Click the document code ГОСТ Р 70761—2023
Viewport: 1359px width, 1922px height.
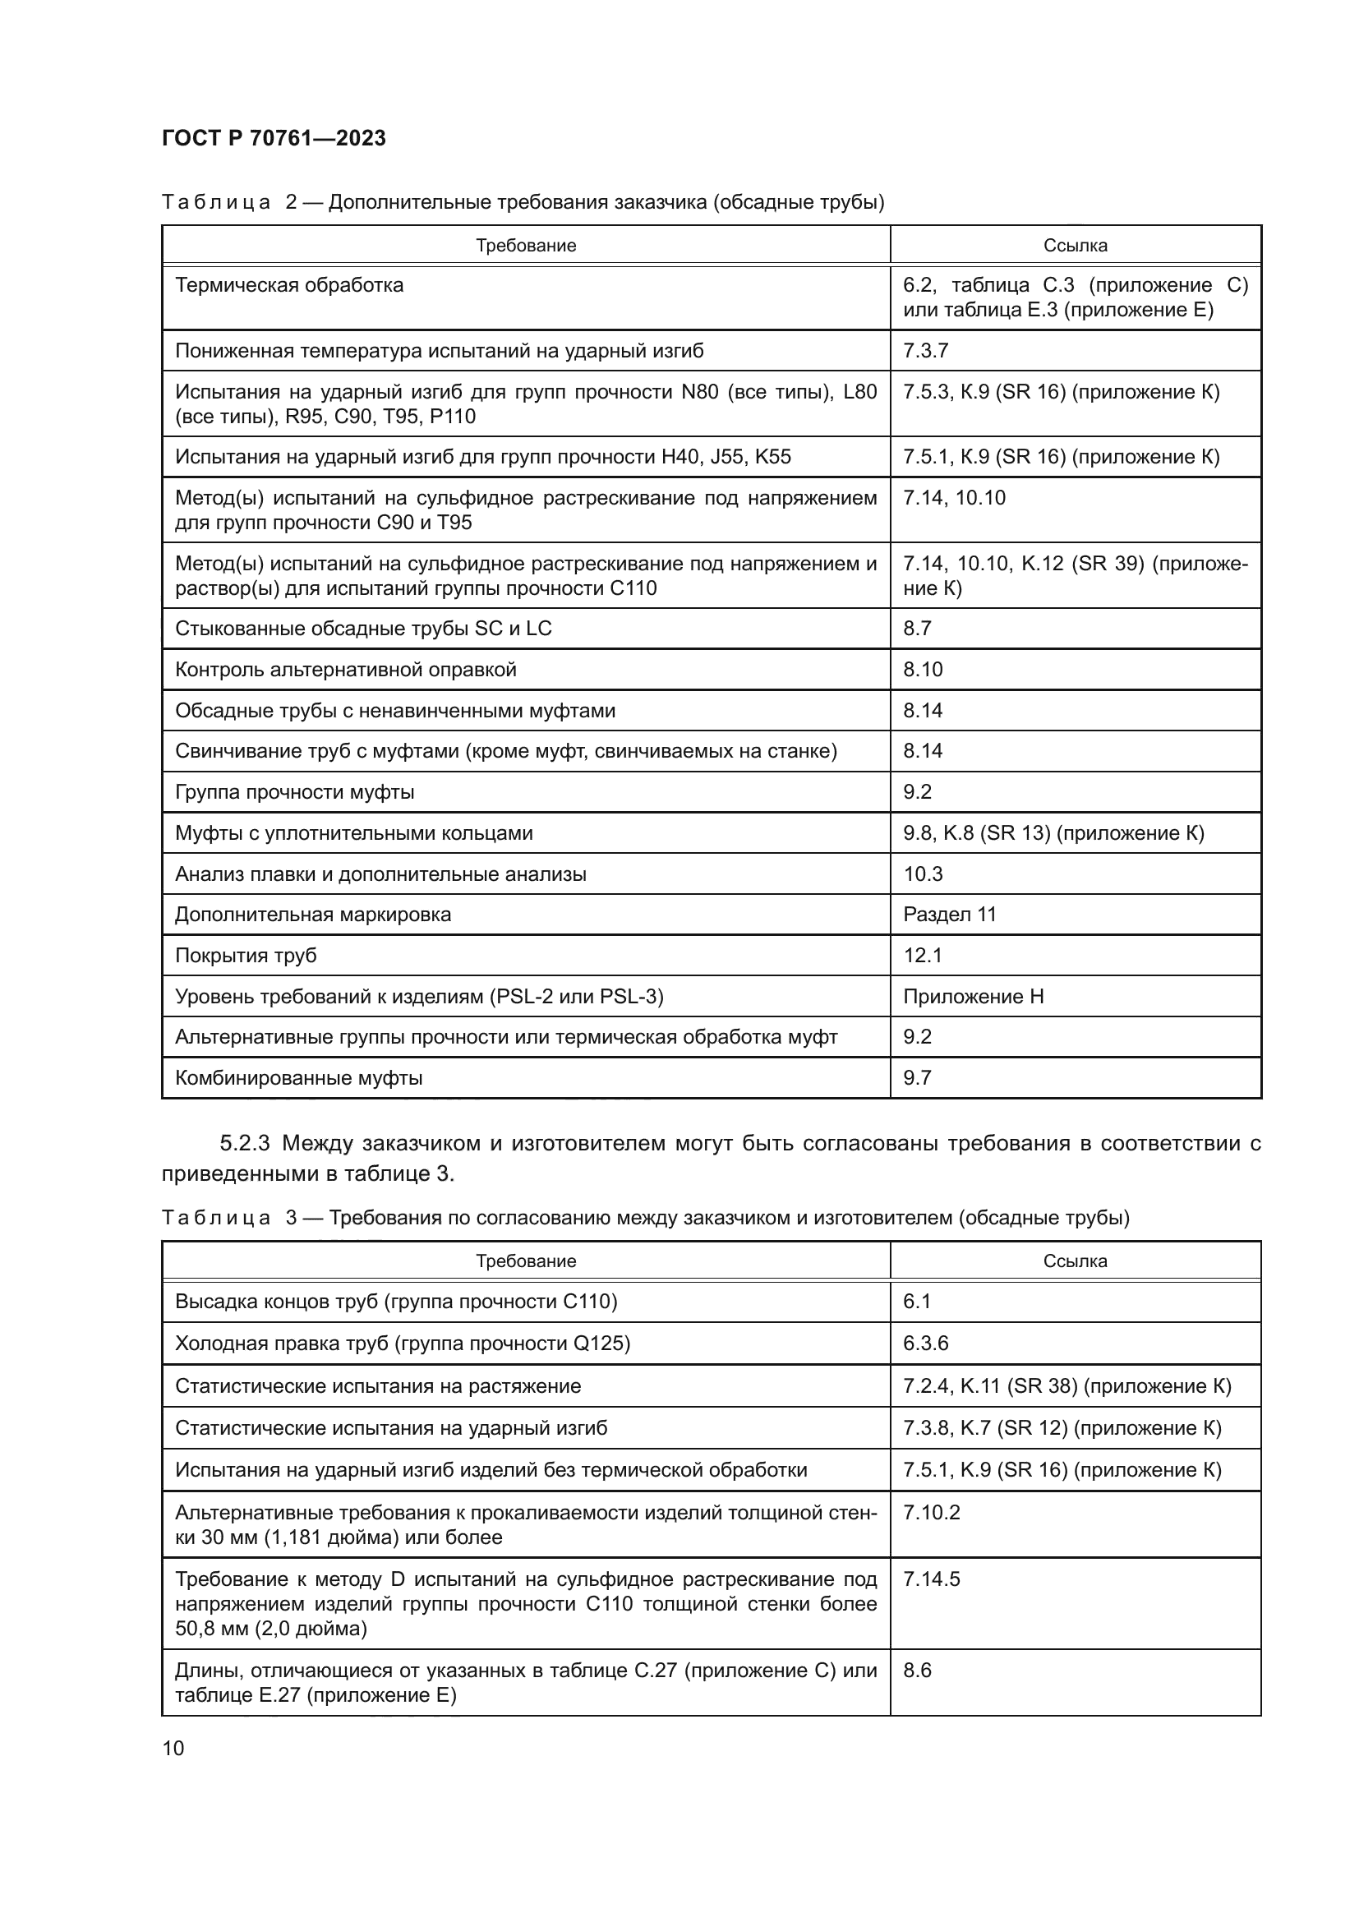tap(274, 138)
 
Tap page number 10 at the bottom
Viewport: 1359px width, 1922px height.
tap(173, 1748)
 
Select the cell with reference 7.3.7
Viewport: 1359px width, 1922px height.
tap(925, 351)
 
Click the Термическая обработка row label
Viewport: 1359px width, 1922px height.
tap(288, 285)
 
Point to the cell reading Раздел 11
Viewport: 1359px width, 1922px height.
tap(950, 914)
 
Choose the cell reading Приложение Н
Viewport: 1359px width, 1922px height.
tap(973, 996)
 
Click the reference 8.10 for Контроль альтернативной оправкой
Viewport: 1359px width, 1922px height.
tap(922, 670)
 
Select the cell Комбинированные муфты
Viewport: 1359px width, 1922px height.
tap(299, 1078)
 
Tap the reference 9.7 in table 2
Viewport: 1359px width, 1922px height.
tap(917, 1078)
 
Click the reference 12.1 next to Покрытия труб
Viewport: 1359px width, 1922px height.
tap(922, 955)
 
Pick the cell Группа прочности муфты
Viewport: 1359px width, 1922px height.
tap(295, 792)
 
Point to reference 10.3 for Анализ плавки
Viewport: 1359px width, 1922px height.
tap(922, 874)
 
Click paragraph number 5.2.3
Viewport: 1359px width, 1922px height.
tap(244, 1143)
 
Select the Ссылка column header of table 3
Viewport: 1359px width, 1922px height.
tap(1075, 1261)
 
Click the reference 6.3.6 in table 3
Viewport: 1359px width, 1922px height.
tap(925, 1344)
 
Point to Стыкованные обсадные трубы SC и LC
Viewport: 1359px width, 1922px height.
tap(363, 629)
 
